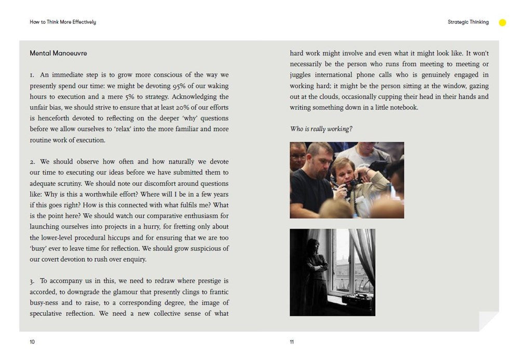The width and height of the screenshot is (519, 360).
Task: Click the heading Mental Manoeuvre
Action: click(58, 54)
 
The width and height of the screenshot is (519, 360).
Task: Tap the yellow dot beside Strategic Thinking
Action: click(502, 22)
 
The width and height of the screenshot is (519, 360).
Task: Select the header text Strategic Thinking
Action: click(468, 22)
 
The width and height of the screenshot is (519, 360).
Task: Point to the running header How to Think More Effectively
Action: click(63, 22)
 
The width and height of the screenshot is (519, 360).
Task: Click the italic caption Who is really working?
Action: click(321, 129)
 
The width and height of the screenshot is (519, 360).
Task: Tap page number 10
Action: click(32, 342)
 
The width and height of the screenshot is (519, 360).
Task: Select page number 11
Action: click(292, 342)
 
